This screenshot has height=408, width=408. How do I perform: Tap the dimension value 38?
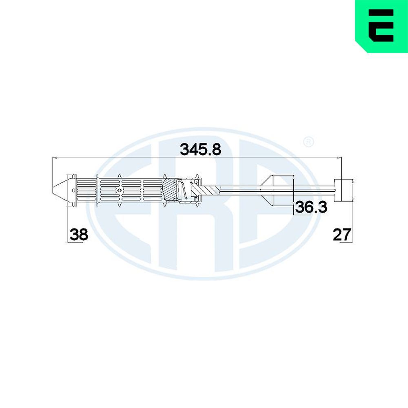[79, 235]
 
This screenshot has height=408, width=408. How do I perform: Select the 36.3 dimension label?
[311, 207]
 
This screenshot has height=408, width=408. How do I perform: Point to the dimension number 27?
[342, 235]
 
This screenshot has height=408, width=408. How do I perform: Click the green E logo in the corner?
[381, 26]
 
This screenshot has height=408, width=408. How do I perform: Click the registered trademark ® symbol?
[308, 142]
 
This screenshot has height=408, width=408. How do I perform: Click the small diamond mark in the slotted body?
[120, 190]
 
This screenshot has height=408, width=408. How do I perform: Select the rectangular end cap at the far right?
[344, 190]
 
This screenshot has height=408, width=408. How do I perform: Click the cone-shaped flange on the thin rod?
[271, 190]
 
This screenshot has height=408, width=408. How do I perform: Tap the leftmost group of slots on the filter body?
[86, 190]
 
